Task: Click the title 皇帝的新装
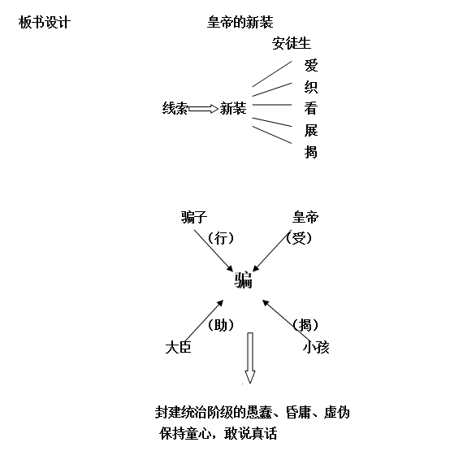click(x=240, y=22)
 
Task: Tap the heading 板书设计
click(x=45, y=22)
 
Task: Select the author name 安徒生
click(x=291, y=43)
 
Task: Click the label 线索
click(x=175, y=108)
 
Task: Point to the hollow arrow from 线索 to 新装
click(x=203, y=108)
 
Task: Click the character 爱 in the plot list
click(x=311, y=66)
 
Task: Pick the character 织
click(x=311, y=87)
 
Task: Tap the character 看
click(x=311, y=108)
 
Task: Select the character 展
click(x=311, y=130)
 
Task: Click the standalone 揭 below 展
click(x=311, y=152)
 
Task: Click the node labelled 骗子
click(x=194, y=217)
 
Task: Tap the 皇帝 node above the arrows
click(x=305, y=217)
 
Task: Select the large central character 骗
click(x=243, y=280)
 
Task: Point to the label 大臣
click(x=178, y=347)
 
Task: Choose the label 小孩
click(x=316, y=347)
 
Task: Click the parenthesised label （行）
click(x=221, y=238)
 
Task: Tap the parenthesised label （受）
click(x=299, y=238)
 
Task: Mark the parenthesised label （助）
click(x=221, y=325)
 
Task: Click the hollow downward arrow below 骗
click(x=250, y=358)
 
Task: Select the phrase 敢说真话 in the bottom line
click(x=251, y=433)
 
